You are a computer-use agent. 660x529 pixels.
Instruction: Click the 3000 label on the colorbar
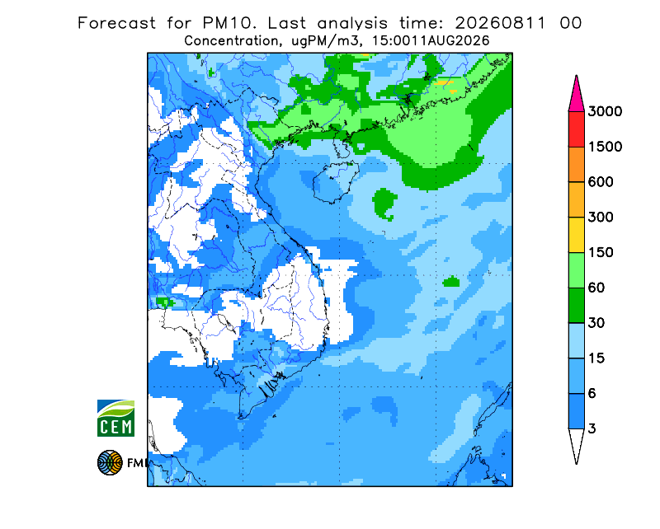[x=605, y=111]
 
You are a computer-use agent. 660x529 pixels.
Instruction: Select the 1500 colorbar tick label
[x=605, y=147]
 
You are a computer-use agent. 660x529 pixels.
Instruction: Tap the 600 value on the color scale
[x=601, y=182]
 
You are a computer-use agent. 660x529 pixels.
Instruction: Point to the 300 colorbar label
[x=601, y=218]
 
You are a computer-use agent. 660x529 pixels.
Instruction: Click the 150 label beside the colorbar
[x=601, y=253]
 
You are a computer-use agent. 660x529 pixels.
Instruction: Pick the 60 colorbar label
[x=596, y=288]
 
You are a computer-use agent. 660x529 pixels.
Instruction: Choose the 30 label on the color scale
[x=596, y=323]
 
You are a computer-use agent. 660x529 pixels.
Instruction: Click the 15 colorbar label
[x=596, y=358]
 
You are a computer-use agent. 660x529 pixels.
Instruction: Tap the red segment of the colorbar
[x=576, y=129]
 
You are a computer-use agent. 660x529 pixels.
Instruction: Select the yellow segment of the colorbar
[x=576, y=235]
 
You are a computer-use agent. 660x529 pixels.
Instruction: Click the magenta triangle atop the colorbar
[x=576, y=96]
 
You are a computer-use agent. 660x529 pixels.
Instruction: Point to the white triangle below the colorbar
[x=576, y=443]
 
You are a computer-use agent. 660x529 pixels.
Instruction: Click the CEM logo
[x=115, y=418]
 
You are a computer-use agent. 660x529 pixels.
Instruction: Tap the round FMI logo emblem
[x=110, y=462]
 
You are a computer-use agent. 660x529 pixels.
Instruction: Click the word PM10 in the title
[x=229, y=23]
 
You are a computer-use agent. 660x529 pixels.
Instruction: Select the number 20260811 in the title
[x=501, y=23]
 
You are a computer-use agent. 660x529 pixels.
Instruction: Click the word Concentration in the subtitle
[x=231, y=41]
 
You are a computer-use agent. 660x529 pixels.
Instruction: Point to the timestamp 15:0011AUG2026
[x=431, y=41]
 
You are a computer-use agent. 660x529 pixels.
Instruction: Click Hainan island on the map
[x=336, y=182]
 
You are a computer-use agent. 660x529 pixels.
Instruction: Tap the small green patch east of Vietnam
[x=451, y=281]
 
